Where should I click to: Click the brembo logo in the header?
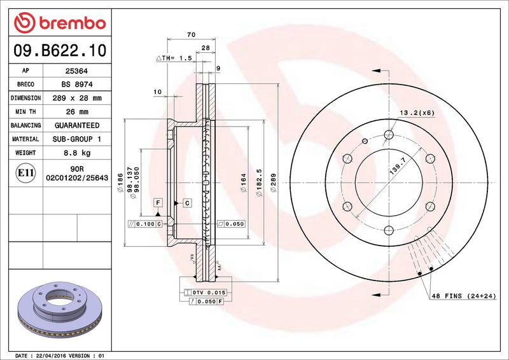pyautogui.click(x=60, y=23)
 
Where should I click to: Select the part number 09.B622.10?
pyautogui.click(x=60, y=51)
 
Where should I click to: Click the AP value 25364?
pyautogui.click(x=76, y=71)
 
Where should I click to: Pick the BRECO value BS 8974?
pyautogui.click(x=77, y=85)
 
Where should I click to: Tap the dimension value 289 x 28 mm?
pyautogui.click(x=77, y=98)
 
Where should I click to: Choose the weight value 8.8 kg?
pyautogui.click(x=77, y=153)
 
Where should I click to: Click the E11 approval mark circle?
pyautogui.click(x=25, y=173)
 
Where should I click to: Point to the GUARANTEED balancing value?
pyautogui.click(x=77, y=125)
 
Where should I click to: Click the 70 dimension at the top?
pyautogui.click(x=192, y=34)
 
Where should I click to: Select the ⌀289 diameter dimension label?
pyautogui.click(x=274, y=183)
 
